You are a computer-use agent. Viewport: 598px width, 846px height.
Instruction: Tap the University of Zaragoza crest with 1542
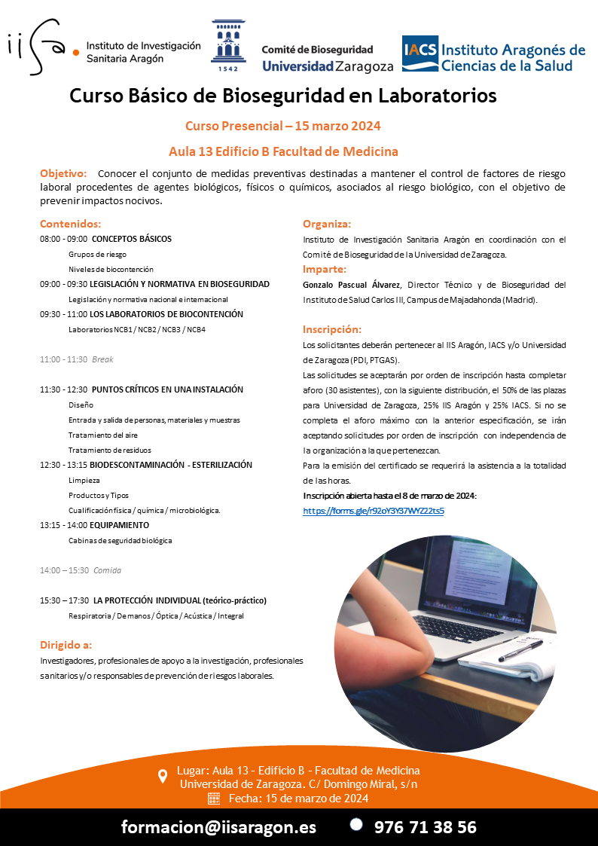[227, 45]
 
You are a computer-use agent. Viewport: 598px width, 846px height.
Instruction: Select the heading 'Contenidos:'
[70, 224]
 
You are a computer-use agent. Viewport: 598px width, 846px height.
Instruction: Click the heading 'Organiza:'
[327, 224]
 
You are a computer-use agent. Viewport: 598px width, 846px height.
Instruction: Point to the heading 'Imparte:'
[325, 269]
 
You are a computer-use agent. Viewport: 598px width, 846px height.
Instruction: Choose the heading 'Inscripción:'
[332, 329]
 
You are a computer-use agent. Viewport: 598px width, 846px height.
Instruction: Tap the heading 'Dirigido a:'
[66, 645]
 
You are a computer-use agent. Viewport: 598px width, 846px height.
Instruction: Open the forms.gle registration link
[373, 511]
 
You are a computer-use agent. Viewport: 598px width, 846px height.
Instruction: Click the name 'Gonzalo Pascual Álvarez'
[352, 285]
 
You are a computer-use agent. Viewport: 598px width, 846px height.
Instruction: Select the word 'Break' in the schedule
[102, 359]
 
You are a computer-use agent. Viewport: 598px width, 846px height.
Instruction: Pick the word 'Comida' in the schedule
[107, 570]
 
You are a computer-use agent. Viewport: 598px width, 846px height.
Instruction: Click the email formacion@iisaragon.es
[218, 826]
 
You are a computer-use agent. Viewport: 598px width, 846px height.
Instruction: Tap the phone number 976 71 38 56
[426, 826]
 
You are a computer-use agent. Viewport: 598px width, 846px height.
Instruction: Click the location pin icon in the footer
[163, 777]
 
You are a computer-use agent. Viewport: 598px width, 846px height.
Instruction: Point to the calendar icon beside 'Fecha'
[213, 799]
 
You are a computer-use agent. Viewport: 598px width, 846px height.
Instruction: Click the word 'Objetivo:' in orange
[63, 174]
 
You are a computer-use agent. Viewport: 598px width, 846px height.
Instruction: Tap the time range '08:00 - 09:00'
[63, 239]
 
